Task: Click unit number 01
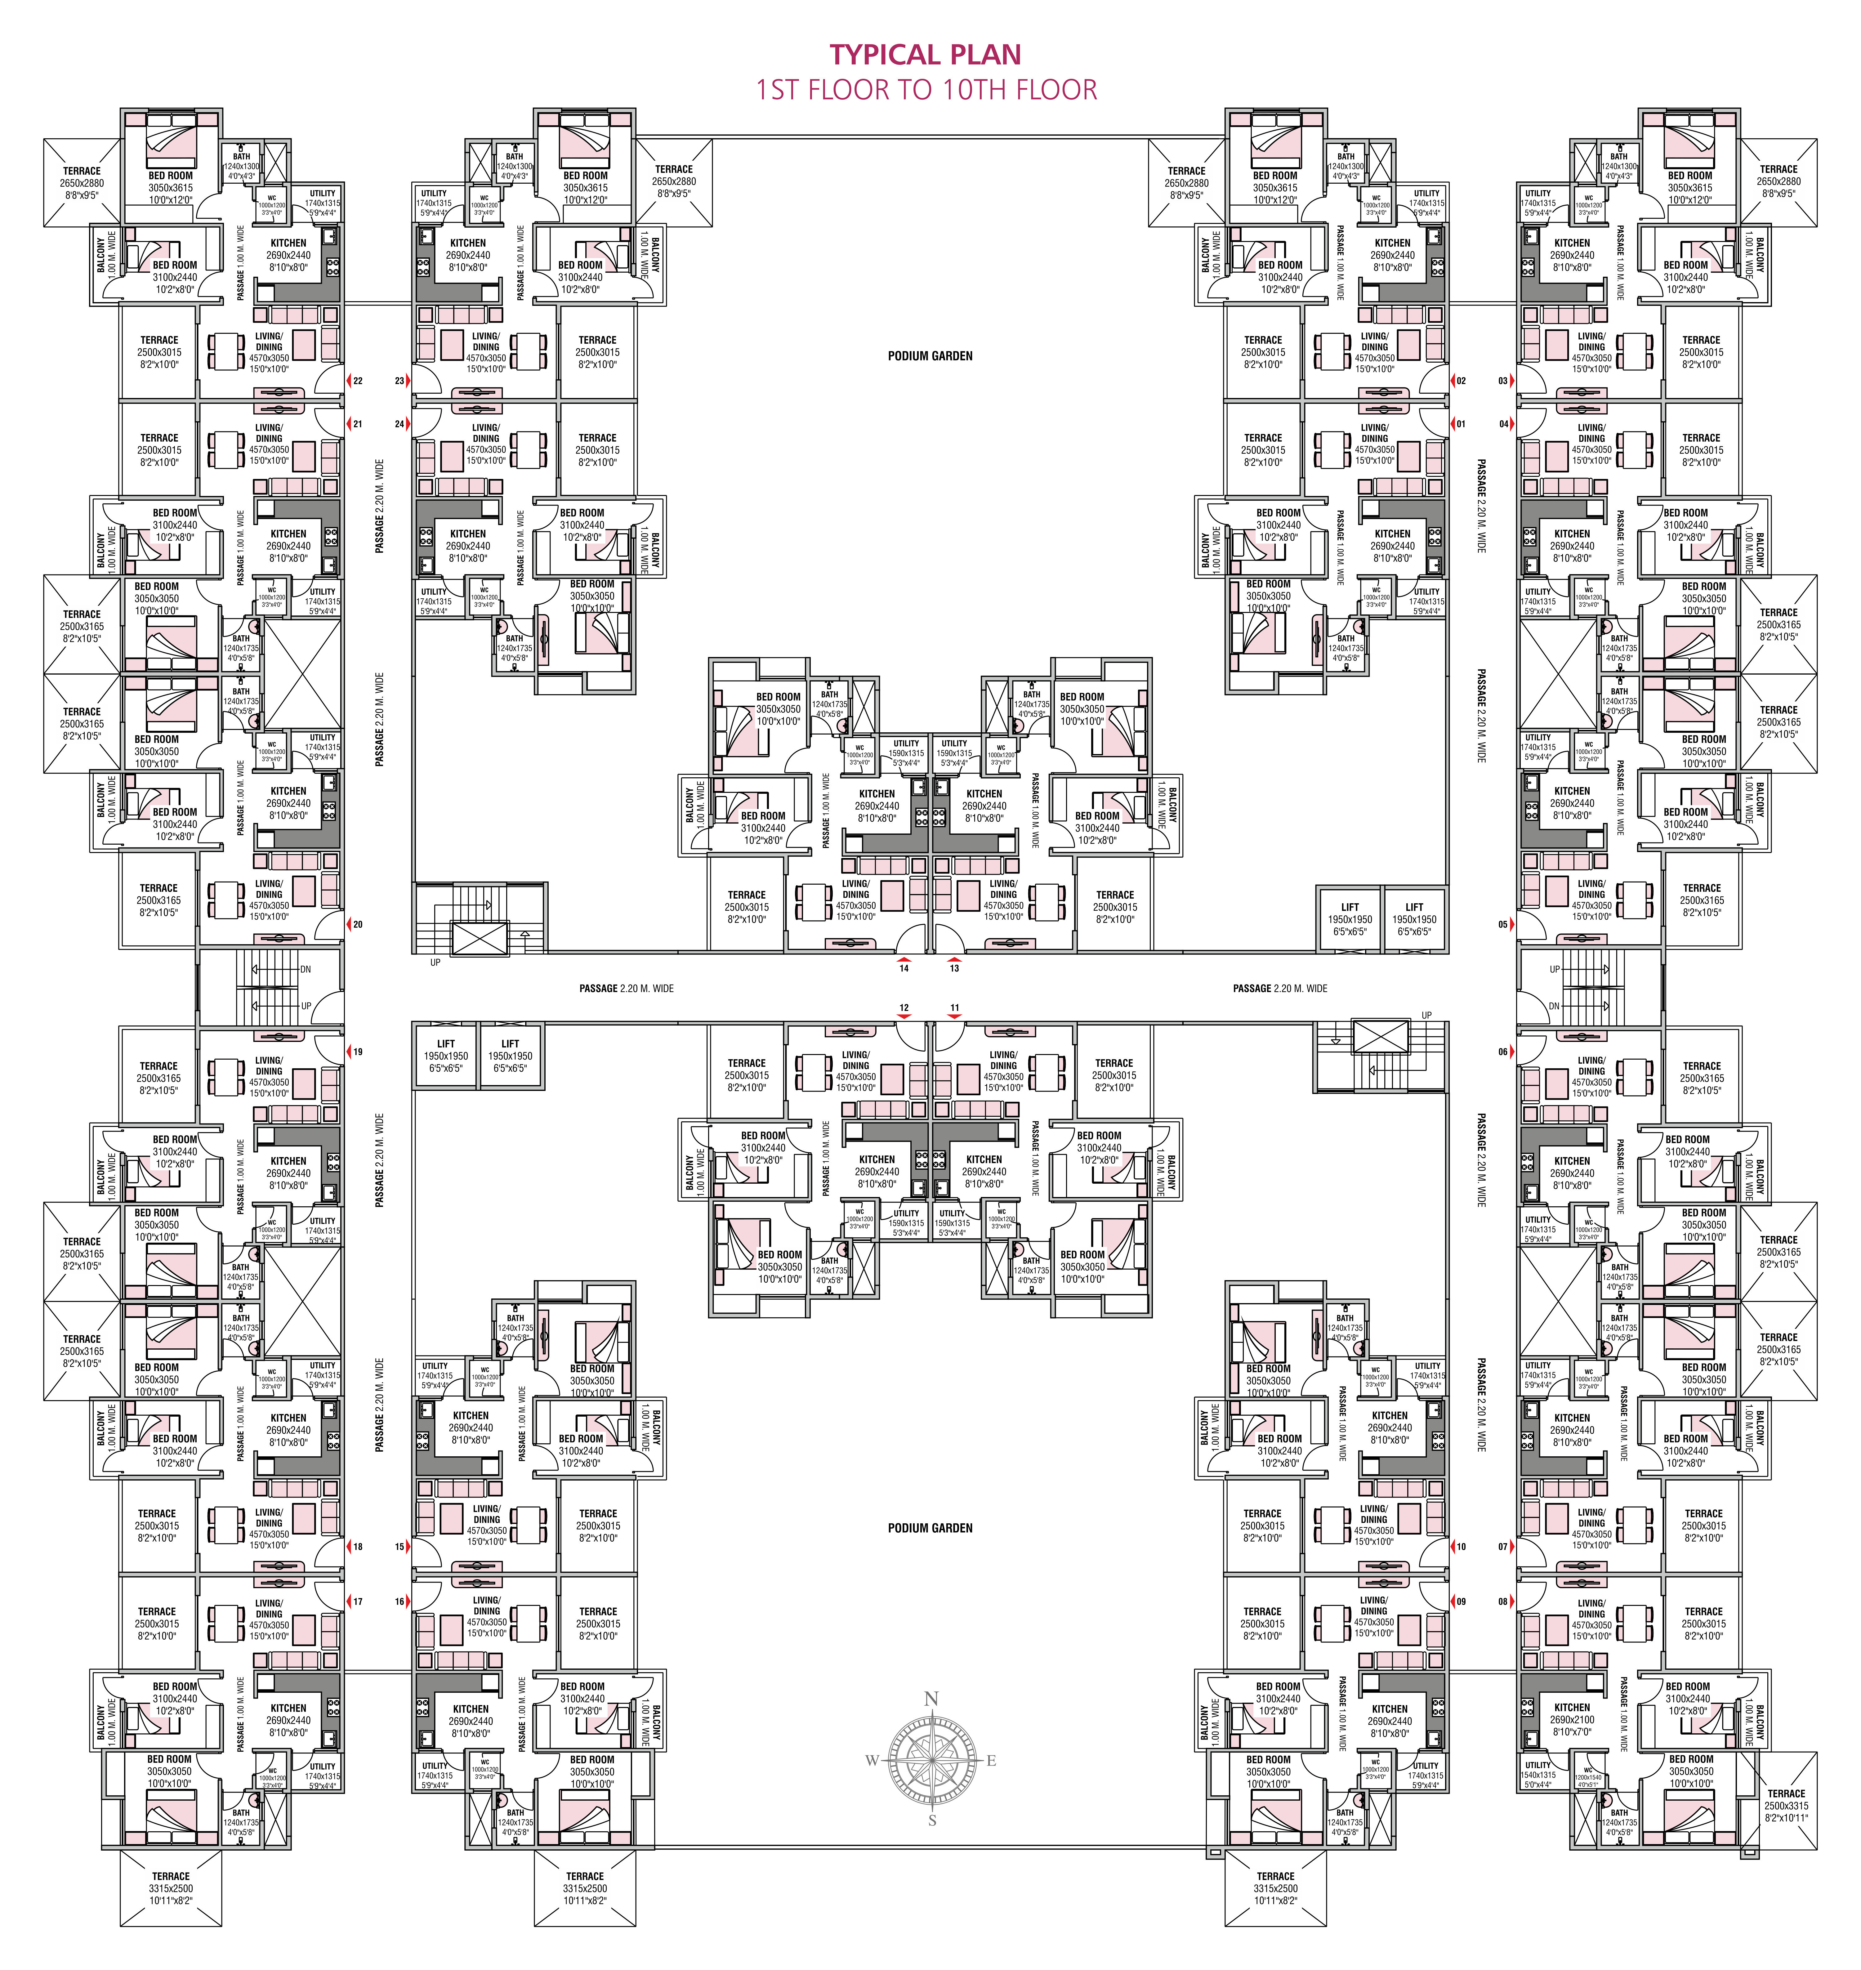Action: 1460,425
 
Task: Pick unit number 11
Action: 954,1008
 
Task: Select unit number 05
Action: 1503,924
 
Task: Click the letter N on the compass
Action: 930,1699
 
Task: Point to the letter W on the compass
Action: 872,1761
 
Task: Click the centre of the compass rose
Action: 931,1761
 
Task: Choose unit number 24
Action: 400,425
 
